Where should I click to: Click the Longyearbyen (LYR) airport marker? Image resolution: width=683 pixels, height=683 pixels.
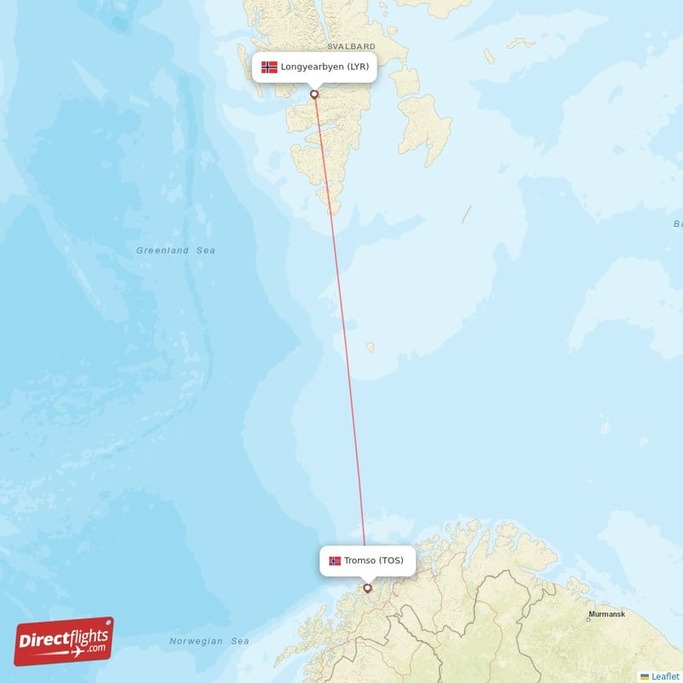click(x=314, y=94)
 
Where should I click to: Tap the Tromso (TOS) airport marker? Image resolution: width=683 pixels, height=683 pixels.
click(x=368, y=587)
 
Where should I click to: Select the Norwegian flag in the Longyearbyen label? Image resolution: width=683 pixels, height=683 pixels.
click(x=270, y=67)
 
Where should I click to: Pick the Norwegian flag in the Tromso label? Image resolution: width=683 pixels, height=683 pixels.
click(x=335, y=561)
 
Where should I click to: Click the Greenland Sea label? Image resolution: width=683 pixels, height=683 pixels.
click(x=175, y=250)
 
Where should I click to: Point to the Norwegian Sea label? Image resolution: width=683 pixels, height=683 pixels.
click(x=209, y=641)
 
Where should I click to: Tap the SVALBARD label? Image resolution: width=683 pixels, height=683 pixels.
click(x=351, y=46)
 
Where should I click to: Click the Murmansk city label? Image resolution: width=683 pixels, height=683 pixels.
click(x=606, y=614)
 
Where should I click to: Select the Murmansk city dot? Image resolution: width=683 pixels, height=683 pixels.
click(x=588, y=619)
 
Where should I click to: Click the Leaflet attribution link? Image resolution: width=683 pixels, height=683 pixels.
click(x=665, y=675)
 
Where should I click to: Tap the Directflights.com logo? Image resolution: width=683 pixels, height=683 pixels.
click(x=64, y=641)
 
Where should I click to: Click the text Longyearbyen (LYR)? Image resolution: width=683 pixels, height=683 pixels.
click(x=324, y=67)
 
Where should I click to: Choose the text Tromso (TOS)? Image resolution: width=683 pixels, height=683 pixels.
click(x=374, y=561)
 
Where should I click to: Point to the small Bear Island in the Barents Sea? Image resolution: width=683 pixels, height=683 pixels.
click(x=370, y=347)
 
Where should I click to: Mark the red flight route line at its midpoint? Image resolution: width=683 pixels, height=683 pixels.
click(x=341, y=341)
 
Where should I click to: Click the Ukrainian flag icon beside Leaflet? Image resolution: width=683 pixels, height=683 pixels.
click(x=645, y=675)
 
